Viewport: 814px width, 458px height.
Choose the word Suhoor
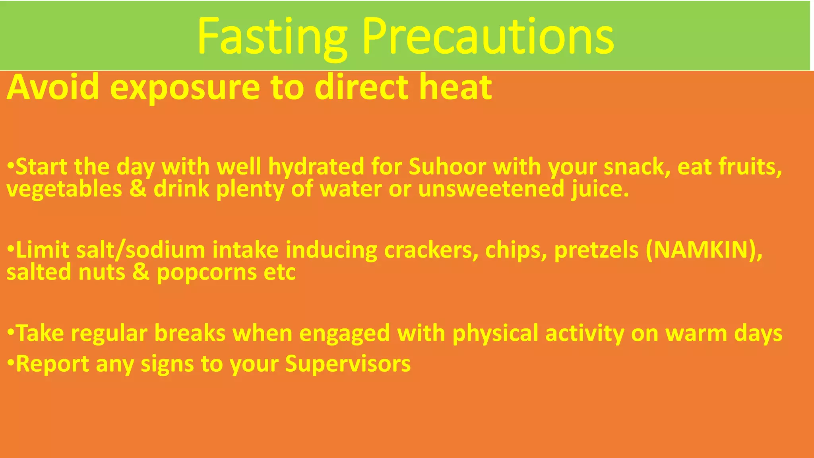(x=447, y=166)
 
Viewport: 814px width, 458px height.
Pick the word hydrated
(x=316, y=167)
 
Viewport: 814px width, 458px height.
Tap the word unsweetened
(x=491, y=188)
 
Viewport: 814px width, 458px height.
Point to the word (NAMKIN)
(x=704, y=250)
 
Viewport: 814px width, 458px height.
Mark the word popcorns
(x=207, y=273)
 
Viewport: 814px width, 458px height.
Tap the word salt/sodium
(x=141, y=250)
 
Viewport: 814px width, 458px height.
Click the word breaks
(x=190, y=333)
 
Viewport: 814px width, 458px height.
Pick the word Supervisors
(x=348, y=363)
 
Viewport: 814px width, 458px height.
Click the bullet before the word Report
(x=11, y=363)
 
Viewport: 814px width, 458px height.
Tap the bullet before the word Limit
(x=11, y=249)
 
